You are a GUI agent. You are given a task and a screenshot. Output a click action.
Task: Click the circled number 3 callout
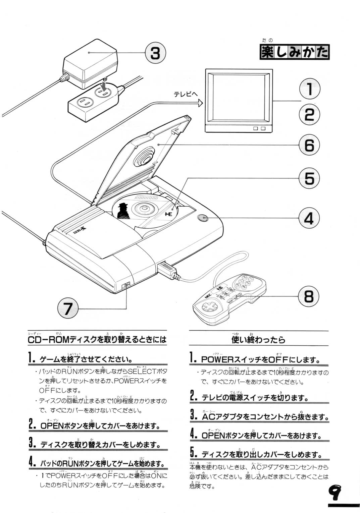tap(155, 53)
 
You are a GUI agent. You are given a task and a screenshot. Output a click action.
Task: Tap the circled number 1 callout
tap(309, 89)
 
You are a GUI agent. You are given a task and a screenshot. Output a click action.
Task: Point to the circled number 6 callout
tap(309, 145)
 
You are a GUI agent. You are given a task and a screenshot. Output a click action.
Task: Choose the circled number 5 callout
tap(309, 178)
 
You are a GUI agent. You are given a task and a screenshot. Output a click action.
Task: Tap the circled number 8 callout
tap(309, 296)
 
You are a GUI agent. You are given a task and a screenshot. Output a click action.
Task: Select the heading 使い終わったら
tap(258, 340)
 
